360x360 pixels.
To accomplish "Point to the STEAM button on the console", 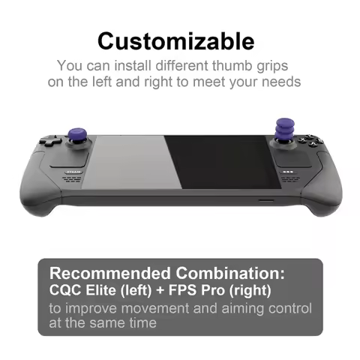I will pos(71,171).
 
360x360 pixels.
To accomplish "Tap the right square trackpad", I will pos(289,157).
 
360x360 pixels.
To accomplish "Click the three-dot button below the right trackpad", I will pos(288,172).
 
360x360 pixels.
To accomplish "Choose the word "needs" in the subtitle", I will pos(283,82).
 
